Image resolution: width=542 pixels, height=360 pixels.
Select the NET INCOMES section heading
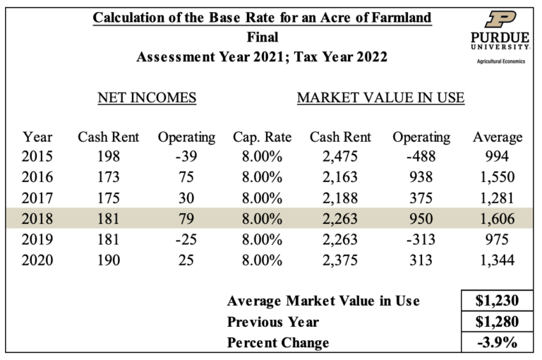coord(146,98)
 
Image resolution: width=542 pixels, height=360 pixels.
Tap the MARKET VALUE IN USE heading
coord(380,98)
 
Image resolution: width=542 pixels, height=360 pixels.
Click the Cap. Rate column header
coord(262,137)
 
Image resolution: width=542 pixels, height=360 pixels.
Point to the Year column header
coord(37,137)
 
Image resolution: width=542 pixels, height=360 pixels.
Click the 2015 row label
coord(37,157)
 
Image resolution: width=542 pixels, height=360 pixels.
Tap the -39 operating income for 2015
coord(186,157)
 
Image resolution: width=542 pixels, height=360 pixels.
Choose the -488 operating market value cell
coord(421,157)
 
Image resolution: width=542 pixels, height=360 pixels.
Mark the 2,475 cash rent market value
coord(341,157)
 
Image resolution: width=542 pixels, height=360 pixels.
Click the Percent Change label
coord(278,343)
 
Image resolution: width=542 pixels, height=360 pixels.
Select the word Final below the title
coord(263,37)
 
